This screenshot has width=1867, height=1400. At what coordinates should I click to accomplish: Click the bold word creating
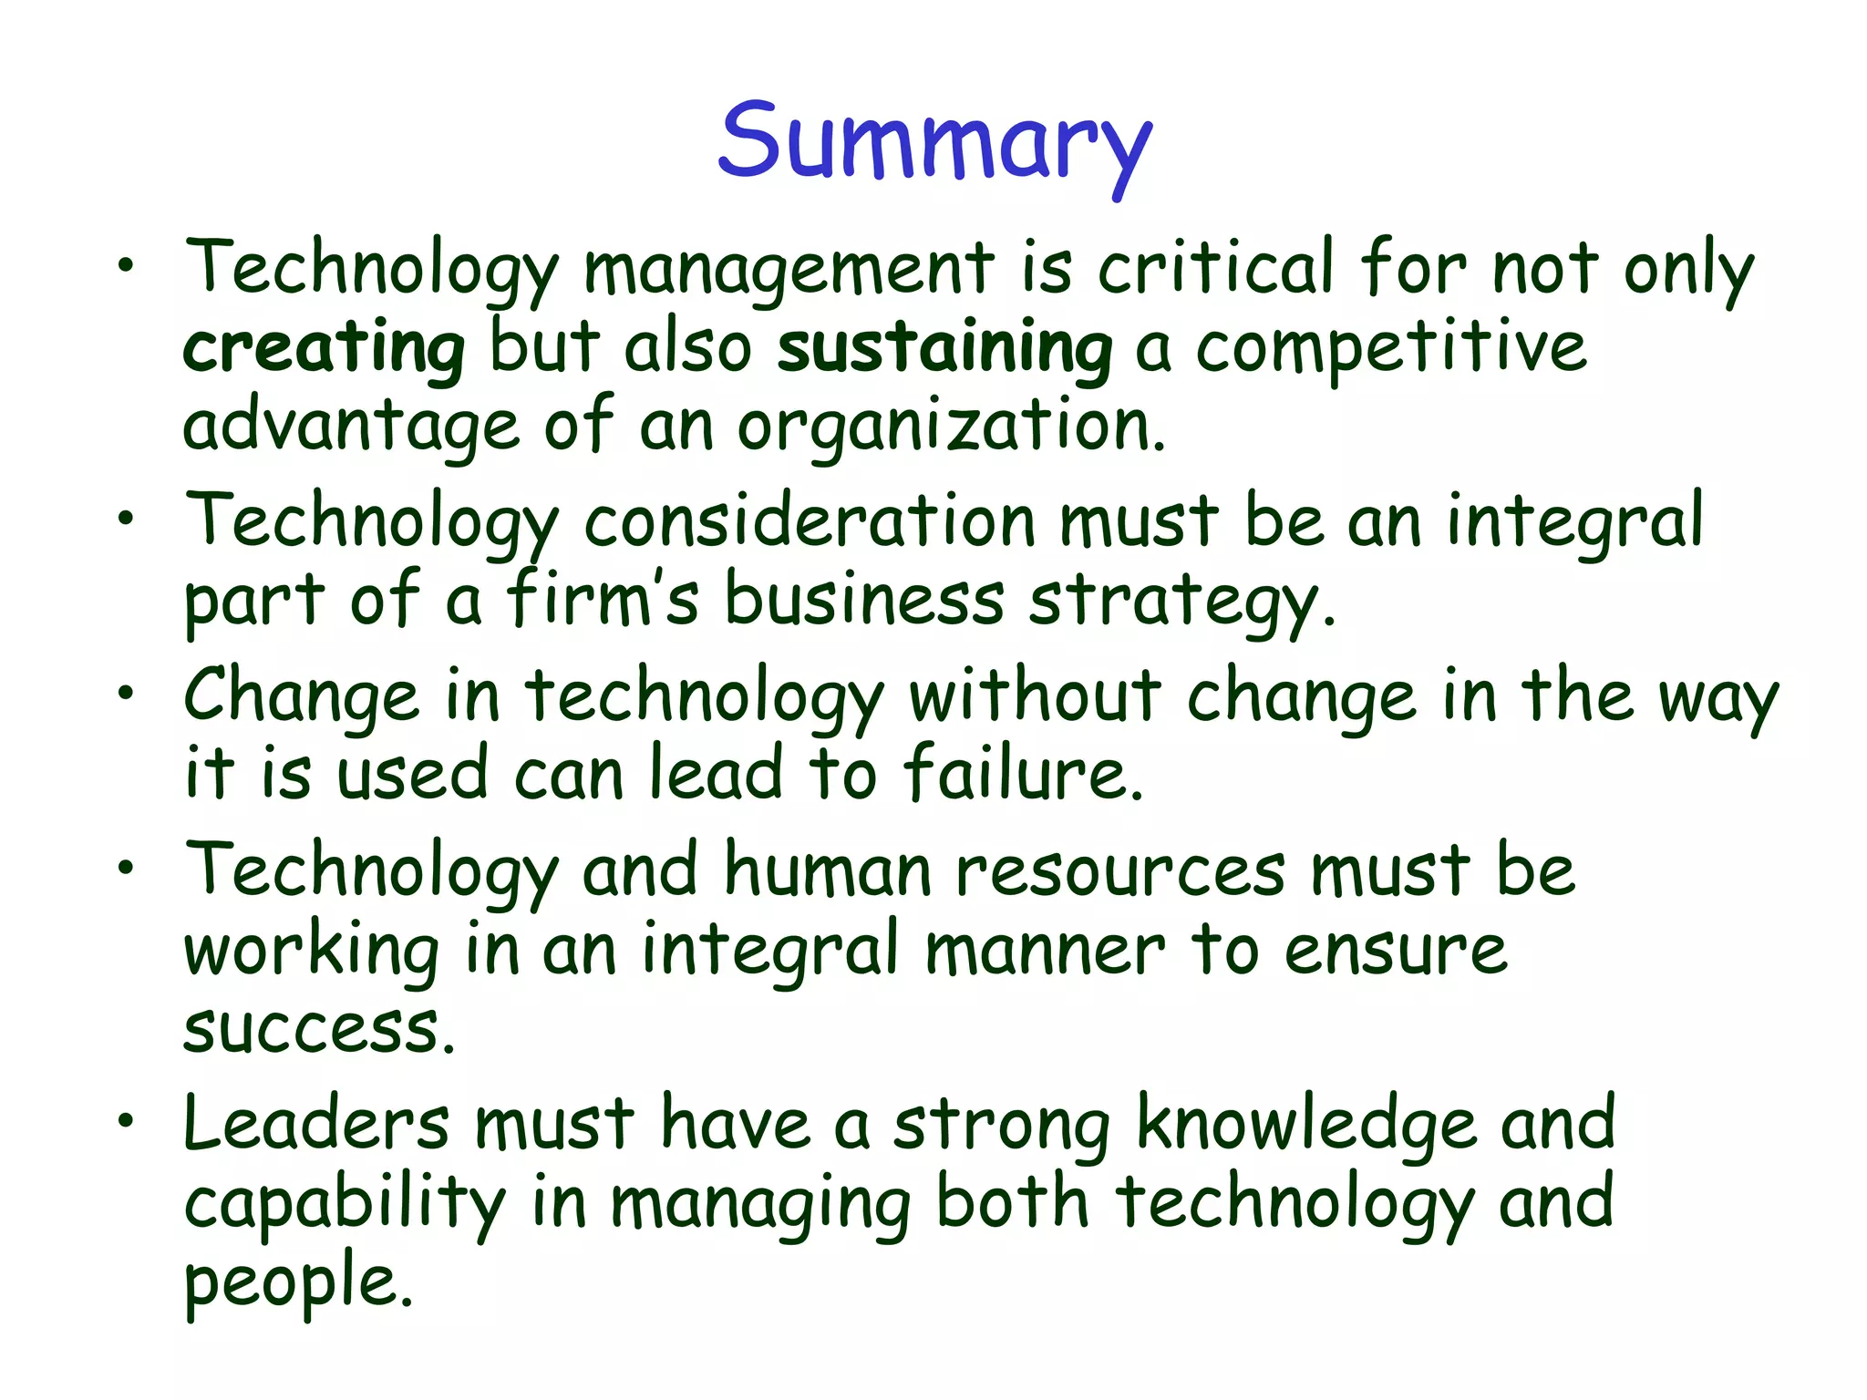pyautogui.click(x=325, y=348)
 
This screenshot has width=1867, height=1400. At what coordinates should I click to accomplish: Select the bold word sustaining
pyautogui.click(x=944, y=348)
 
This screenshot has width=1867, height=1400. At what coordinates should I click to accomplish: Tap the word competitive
pyautogui.click(x=1391, y=348)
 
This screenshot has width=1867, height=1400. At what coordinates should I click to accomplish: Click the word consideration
pyautogui.click(x=810, y=521)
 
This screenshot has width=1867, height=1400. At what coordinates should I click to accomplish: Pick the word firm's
pyautogui.click(x=603, y=600)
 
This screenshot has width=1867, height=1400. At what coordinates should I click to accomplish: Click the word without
pyautogui.click(x=1035, y=696)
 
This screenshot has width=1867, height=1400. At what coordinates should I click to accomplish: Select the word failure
pyautogui.click(x=1023, y=773)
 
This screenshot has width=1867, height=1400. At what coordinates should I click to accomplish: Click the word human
pyautogui.click(x=828, y=870)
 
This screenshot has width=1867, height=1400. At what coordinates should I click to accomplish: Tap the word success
pyautogui.click(x=318, y=1030)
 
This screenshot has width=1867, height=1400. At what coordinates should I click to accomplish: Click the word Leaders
pyautogui.click(x=316, y=1123)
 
